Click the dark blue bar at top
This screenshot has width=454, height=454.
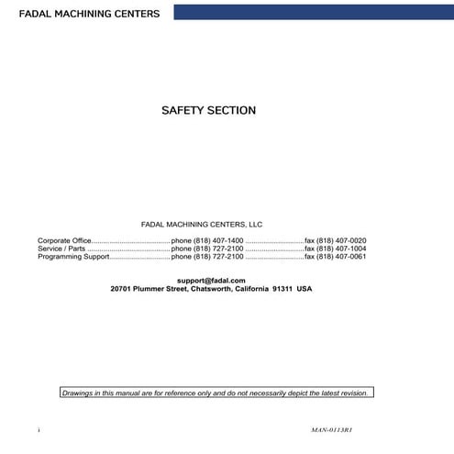tap(312, 11)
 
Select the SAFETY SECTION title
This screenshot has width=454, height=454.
tap(208, 111)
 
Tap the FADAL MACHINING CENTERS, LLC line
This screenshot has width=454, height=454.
tap(202, 223)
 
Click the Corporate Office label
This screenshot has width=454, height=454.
tap(64, 240)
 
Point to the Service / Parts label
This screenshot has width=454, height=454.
tap(61, 249)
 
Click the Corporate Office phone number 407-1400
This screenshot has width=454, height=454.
tap(207, 240)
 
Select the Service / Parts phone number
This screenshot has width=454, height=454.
tap(207, 249)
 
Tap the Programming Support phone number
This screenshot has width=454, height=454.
tap(207, 257)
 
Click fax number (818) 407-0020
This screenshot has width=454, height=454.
tap(336, 240)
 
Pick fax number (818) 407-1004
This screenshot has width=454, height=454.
tap(336, 249)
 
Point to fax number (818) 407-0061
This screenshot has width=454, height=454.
tap(336, 257)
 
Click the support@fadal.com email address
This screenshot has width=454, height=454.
tap(211, 280)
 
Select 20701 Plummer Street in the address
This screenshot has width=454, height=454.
tap(149, 288)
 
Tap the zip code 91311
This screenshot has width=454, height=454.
tap(282, 288)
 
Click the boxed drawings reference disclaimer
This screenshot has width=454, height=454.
tap(216, 393)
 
